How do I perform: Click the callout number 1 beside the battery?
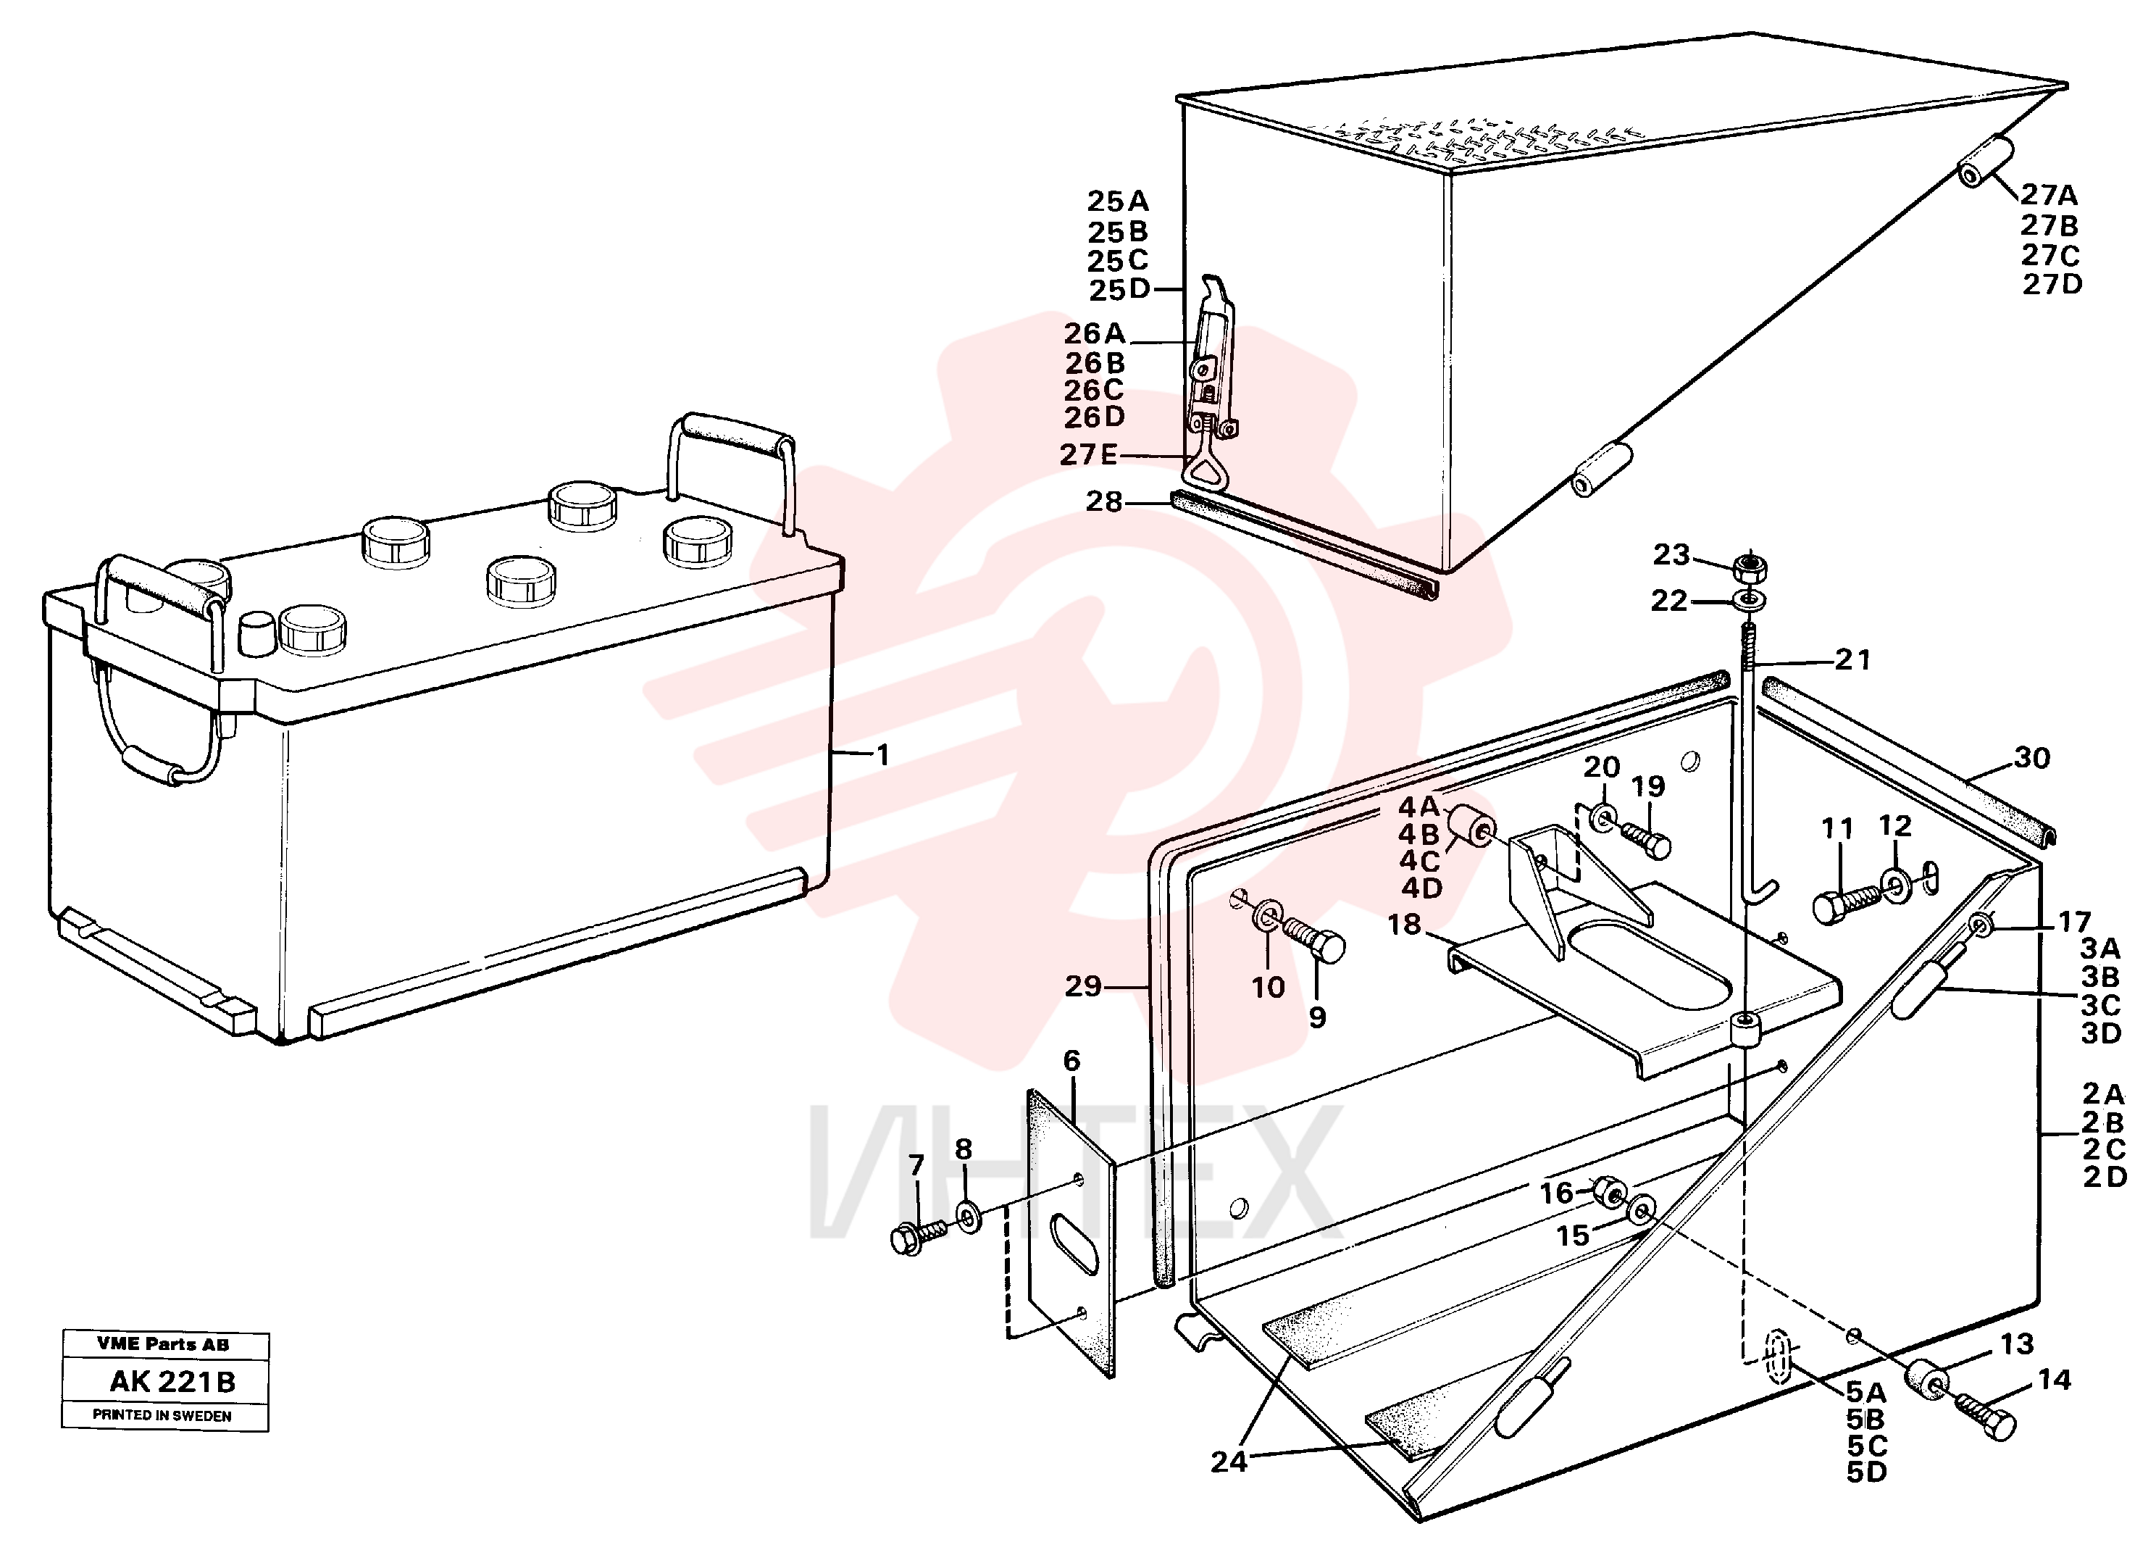point(882,755)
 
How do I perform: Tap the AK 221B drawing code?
point(172,1382)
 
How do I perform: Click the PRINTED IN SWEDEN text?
point(162,1415)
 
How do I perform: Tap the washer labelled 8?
point(969,1216)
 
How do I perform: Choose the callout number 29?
point(1083,986)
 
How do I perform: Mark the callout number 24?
point(1228,1462)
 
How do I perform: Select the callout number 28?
point(1103,501)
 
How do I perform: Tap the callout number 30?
point(2031,758)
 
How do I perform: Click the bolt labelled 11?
point(1848,901)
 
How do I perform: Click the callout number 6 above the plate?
point(1071,1060)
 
